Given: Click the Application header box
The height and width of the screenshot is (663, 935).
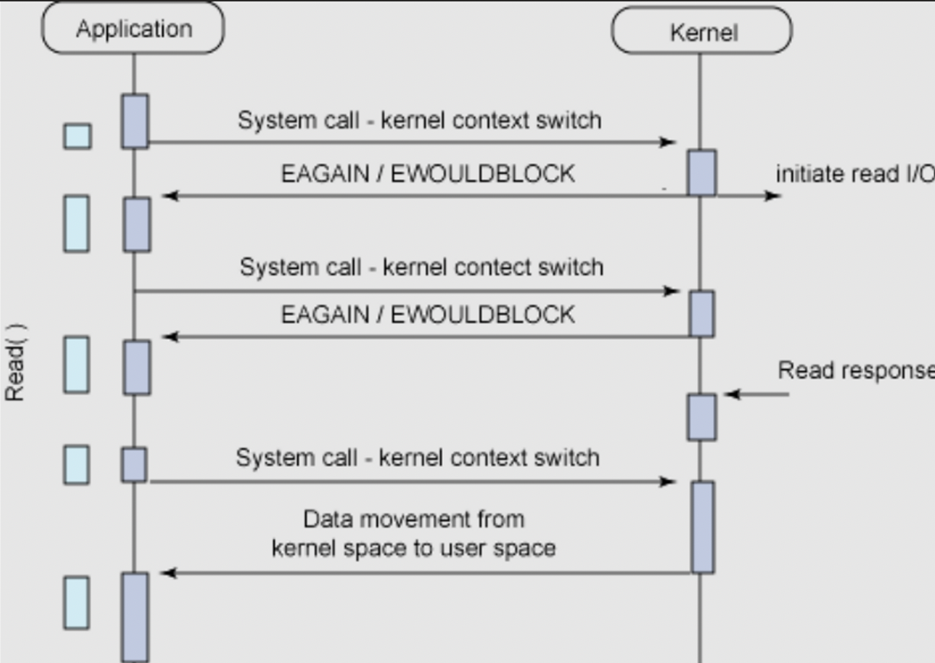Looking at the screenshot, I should click(x=133, y=29).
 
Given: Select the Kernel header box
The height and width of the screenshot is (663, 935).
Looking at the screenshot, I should click(x=702, y=32).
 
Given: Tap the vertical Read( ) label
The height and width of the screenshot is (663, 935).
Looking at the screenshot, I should click(x=16, y=362).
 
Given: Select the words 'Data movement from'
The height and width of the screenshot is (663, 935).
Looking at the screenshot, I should click(x=414, y=519).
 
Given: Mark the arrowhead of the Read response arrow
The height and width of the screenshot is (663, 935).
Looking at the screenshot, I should click(x=731, y=394).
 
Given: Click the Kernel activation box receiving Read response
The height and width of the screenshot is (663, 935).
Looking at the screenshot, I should click(x=702, y=417).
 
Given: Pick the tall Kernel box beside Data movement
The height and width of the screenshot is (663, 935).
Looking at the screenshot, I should click(x=702, y=527).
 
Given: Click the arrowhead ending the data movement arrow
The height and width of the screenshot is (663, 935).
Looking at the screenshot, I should click(x=169, y=573).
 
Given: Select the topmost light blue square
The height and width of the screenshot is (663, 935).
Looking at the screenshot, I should click(x=77, y=136).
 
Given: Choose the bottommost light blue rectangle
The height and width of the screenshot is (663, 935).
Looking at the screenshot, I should click(x=76, y=603).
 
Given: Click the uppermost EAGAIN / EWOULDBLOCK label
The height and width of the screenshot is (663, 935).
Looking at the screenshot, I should click(x=428, y=174).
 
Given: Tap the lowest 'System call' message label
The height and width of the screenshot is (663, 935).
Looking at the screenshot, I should click(x=417, y=458).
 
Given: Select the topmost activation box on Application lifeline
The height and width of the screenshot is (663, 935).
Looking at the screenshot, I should click(x=135, y=121).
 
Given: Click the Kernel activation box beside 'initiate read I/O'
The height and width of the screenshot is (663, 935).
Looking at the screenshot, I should click(x=702, y=173).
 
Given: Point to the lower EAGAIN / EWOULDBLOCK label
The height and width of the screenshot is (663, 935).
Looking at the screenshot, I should click(x=428, y=315).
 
